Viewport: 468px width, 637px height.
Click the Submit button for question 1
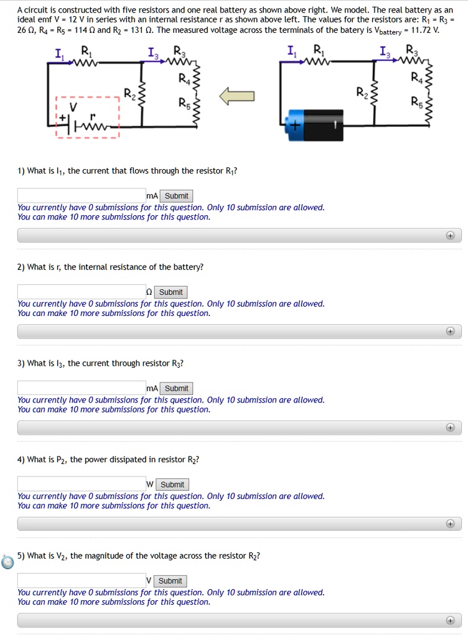tap(176, 196)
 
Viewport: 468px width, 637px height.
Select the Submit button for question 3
tap(176, 388)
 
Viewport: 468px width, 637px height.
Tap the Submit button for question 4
tap(172, 485)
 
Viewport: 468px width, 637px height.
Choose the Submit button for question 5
tap(170, 581)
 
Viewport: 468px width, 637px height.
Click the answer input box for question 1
tap(81, 196)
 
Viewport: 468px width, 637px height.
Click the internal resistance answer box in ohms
tap(81, 292)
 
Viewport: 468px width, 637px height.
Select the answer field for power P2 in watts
tap(81, 484)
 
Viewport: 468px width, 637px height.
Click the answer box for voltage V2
tap(81, 580)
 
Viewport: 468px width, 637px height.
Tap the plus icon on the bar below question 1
tap(450, 236)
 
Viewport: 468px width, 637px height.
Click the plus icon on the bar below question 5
tap(450, 620)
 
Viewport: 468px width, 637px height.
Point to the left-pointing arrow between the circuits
tap(236, 96)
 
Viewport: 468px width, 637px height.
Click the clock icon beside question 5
tap(7, 562)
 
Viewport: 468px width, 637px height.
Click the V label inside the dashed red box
tap(73, 107)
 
